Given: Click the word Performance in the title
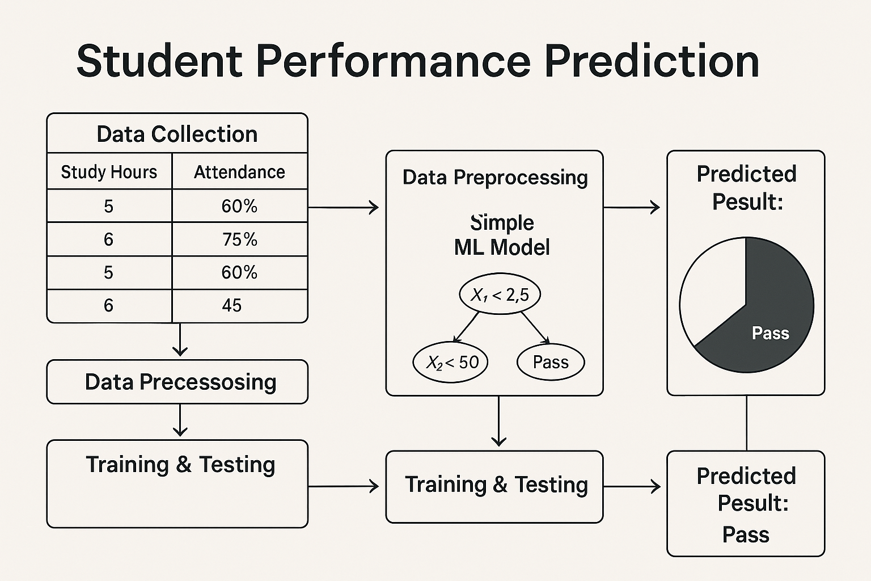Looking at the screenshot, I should [393, 61].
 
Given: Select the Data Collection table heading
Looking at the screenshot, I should [177, 134].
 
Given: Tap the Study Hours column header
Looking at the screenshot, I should [109, 172].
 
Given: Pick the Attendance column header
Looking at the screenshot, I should [239, 172].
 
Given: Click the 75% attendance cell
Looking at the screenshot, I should [239, 239].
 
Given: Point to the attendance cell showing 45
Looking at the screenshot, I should [232, 306].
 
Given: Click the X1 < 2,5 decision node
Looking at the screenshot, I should [500, 294].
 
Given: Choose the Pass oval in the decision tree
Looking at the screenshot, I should [551, 362].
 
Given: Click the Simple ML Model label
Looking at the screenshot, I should [502, 235].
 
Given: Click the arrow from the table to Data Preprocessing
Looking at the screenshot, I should [343, 208].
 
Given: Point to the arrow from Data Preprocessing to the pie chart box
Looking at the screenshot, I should [631, 208].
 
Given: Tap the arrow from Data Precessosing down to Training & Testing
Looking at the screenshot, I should [180, 420].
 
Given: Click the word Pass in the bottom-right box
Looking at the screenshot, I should [746, 535].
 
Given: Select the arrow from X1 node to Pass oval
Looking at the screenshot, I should [535, 327].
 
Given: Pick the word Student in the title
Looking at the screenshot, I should [159, 61].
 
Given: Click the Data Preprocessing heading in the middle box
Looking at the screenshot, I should [495, 178].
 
